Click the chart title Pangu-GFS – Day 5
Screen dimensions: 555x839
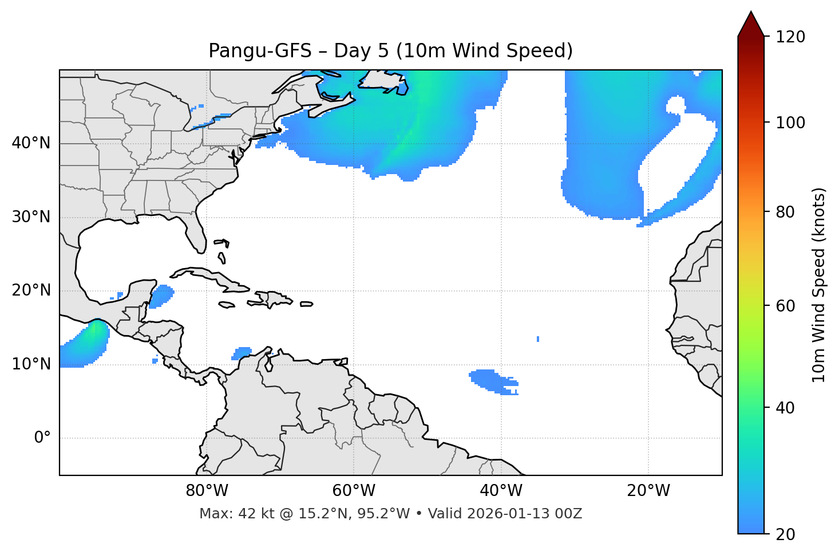click(390, 51)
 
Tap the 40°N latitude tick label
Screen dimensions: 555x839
click(31, 143)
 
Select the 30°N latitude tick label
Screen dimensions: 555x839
click(31, 217)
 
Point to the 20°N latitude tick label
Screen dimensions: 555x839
click(31, 290)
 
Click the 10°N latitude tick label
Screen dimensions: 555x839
click(31, 364)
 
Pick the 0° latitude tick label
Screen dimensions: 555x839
click(42, 438)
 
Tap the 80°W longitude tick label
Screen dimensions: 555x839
click(207, 491)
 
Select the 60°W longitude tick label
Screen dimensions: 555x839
click(354, 491)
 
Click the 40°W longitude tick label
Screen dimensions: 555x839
click(501, 491)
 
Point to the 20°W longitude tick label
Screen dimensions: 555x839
click(648, 491)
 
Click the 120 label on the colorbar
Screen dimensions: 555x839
click(790, 37)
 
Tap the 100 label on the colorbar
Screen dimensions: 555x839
click(790, 123)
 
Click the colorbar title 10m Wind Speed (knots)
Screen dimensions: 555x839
click(819, 285)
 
